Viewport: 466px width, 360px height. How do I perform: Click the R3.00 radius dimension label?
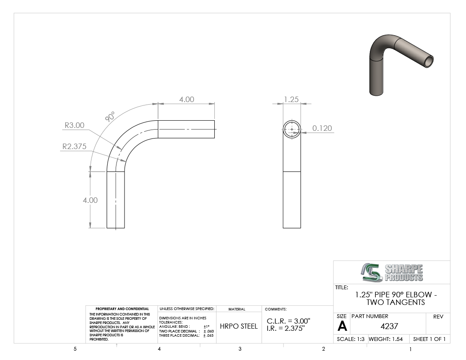pyautogui.click(x=75, y=125)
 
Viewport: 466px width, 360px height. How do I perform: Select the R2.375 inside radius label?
pyautogui.click(x=74, y=147)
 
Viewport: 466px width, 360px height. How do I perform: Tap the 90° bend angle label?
pyautogui.click(x=110, y=117)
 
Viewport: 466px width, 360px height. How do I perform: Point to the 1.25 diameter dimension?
pyautogui.click(x=291, y=99)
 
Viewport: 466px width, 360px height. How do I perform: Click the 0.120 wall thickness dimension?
pyautogui.click(x=322, y=128)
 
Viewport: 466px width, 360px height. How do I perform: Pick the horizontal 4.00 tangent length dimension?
pyautogui.click(x=187, y=100)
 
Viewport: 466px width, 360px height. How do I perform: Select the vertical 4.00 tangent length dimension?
pyautogui.click(x=90, y=200)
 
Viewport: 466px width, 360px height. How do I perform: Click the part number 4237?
pyautogui.click(x=389, y=326)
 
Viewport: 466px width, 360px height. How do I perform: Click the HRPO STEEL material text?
pyautogui.click(x=239, y=326)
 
